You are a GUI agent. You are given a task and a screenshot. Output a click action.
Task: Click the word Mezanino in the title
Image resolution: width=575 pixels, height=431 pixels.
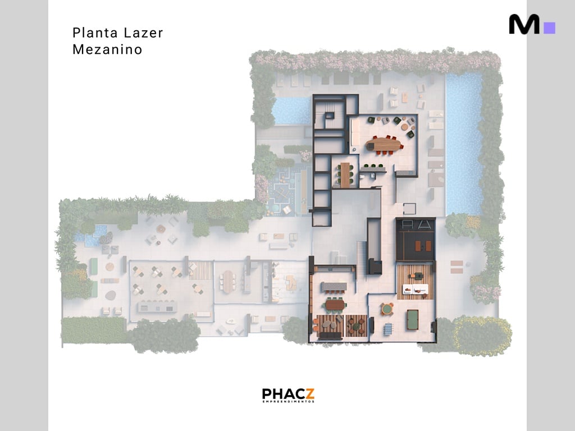[x=107, y=49]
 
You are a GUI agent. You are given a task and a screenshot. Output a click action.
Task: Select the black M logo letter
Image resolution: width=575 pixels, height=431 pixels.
[x=524, y=25]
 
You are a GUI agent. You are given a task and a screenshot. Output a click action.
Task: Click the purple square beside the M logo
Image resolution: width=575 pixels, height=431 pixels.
[x=550, y=27]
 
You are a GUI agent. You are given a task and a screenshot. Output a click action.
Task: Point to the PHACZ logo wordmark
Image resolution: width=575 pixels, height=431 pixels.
[x=288, y=393]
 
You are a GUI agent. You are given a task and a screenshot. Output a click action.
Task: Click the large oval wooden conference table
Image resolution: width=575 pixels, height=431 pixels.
[x=385, y=144]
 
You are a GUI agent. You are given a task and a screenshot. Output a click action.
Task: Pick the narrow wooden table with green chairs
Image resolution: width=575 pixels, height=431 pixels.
[x=345, y=175]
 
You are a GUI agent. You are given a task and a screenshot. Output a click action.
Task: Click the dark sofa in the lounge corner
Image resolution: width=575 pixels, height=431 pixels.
[x=329, y=336]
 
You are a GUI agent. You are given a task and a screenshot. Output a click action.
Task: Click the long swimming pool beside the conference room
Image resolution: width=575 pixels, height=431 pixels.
[x=464, y=144]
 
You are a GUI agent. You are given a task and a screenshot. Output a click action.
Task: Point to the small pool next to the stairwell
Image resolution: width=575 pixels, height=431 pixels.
[x=291, y=111]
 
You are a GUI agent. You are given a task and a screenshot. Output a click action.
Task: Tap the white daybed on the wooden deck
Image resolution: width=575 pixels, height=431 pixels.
[x=416, y=289]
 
